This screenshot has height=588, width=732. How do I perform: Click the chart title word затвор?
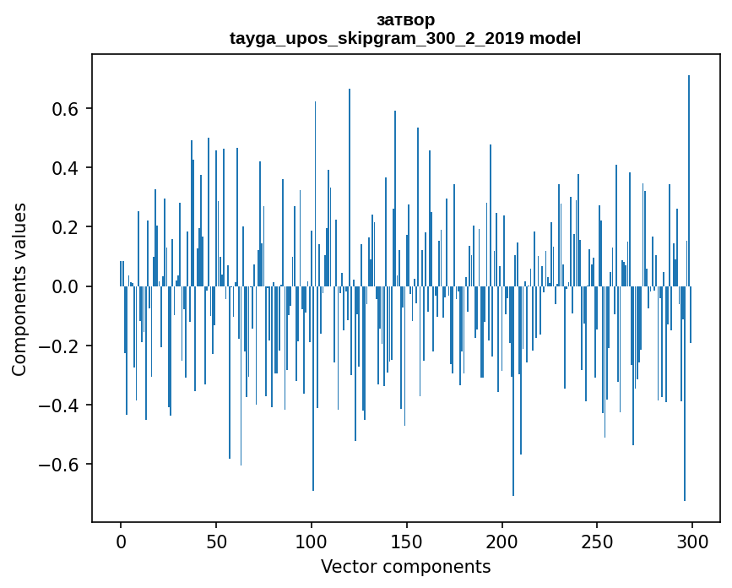point(405,19)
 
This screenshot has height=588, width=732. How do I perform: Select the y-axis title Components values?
point(19,289)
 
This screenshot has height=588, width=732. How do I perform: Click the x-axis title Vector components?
point(405,566)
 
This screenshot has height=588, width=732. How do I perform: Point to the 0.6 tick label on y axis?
point(65,109)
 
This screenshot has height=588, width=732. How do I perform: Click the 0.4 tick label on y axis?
point(65,168)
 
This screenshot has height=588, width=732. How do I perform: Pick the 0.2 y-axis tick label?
point(65,227)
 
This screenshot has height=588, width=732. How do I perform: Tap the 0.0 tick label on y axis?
point(65,286)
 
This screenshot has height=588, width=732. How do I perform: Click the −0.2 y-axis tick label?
point(59,346)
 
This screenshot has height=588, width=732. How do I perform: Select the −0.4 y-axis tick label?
point(59,406)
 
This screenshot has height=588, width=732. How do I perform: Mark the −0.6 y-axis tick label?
point(59,465)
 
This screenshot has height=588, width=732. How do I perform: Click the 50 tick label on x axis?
point(216,541)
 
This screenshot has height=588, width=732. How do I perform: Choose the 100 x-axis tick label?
point(312,541)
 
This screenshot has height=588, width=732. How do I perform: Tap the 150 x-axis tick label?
point(407,541)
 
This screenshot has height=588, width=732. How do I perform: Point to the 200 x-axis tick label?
point(502,541)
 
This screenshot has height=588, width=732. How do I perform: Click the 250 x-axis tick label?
point(597,541)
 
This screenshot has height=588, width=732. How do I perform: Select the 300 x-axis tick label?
point(692,541)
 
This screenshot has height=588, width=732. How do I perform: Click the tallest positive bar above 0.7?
point(689,169)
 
